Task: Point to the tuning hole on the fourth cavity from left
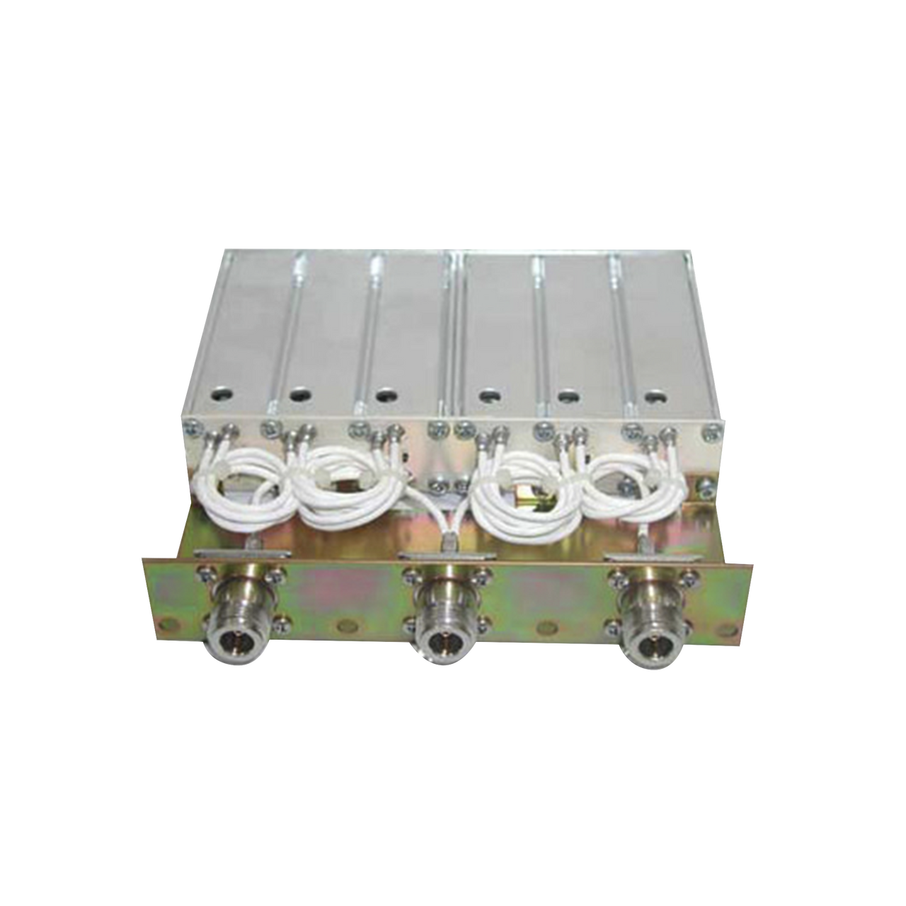pos(486,395)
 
